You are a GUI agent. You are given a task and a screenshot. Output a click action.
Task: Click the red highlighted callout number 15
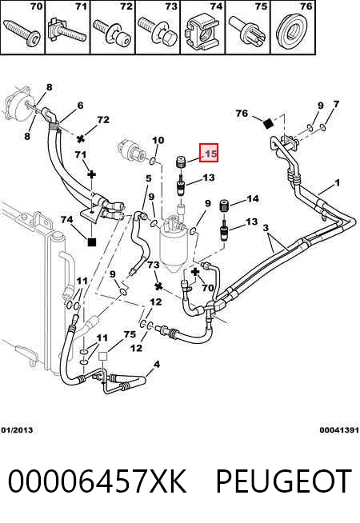209,153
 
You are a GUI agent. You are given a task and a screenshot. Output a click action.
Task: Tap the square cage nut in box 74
202,33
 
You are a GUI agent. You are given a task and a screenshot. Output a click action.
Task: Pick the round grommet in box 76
292,30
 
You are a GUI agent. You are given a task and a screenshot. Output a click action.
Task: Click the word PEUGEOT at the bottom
283,481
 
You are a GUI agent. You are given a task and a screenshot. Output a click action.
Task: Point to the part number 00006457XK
97,481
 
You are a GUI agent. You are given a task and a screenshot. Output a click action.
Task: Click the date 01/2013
17,430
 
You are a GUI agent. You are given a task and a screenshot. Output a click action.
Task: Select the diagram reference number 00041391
339,430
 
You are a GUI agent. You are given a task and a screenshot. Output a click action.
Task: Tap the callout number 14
253,199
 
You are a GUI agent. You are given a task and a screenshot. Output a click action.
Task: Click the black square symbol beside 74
92,242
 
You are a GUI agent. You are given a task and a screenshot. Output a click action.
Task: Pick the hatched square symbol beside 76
269,124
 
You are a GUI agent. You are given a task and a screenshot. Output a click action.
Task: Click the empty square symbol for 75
102,357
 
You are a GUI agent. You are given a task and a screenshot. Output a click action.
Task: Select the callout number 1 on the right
337,183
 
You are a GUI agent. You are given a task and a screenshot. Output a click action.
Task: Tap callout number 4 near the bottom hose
157,364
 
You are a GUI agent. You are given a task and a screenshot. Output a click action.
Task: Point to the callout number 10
158,140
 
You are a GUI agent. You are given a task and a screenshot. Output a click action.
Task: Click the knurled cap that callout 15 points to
181,162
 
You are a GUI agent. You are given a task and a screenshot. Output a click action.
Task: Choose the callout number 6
80,106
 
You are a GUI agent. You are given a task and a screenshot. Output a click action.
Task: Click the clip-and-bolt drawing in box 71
66,32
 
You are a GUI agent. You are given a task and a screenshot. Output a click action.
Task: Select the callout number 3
266,228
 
